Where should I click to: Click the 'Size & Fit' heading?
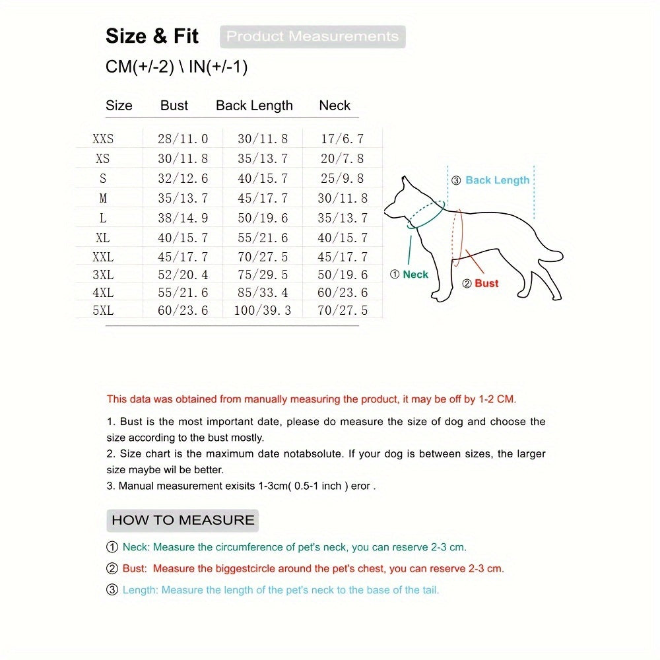[x=152, y=36]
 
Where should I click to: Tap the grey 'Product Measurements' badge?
[x=312, y=36]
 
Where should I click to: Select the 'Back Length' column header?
[x=254, y=106]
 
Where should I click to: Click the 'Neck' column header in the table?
[x=335, y=105]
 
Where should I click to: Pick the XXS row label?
[x=103, y=139]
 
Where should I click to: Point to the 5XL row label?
[x=103, y=310]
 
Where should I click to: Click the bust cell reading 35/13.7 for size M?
[x=183, y=198]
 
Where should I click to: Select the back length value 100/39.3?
[x=263, y=310]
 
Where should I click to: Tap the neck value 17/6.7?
[x=342, y=139]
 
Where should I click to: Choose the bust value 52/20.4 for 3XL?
[x=183, y=275]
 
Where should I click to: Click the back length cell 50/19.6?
[x=263, y=218]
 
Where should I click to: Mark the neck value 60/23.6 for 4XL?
[x=342, y=292]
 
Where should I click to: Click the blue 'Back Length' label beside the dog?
[x=497, y=180]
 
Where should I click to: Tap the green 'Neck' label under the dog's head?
[x=415, y=275]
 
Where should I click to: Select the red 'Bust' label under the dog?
[x=486, y=283]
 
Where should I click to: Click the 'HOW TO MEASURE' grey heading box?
[x=183, y=520]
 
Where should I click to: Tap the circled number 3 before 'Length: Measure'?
[x=112, y=589]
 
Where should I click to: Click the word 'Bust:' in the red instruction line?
[x=135, y=569]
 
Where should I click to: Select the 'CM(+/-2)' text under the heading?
[x=140, y=67]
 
